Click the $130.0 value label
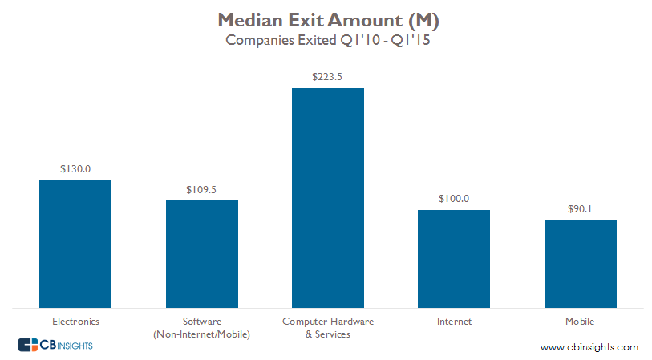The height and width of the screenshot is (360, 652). [75, 169]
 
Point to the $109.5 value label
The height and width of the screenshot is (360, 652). [201, 189]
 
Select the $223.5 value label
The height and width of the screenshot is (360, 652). [328, 77]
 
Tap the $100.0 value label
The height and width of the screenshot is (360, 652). [454, 199]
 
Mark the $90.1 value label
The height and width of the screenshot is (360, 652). [580, 208]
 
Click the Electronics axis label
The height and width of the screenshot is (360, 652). [75, 322]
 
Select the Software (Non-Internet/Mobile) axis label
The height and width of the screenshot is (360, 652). [201, 328]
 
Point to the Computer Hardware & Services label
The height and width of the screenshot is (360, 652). [328, 328]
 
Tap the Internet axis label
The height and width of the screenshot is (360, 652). [454, 322]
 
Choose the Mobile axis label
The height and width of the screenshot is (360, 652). [580, 322]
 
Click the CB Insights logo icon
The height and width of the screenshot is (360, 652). [28, 345]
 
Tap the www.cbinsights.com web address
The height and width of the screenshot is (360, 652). [589, 347]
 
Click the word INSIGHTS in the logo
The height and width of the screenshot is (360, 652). [75, 346]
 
